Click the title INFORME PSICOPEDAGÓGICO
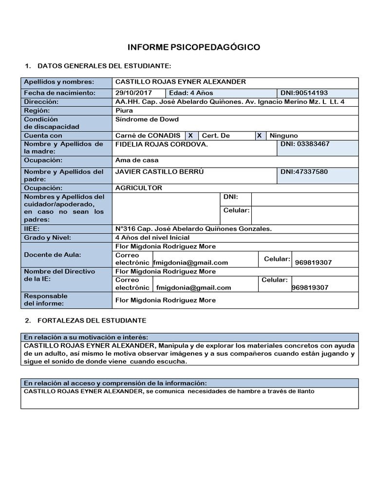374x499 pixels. [193, 47]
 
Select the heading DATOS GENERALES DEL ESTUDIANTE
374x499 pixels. [104, 65]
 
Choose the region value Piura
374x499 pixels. [124, 111]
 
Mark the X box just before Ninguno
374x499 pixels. [260, 135]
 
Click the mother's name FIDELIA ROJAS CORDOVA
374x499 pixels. [161, 145]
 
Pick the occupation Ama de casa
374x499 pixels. [137, 160]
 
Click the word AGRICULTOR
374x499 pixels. [139, 188]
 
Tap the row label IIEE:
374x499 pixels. [32, 228]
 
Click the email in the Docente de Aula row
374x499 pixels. [190, 262]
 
